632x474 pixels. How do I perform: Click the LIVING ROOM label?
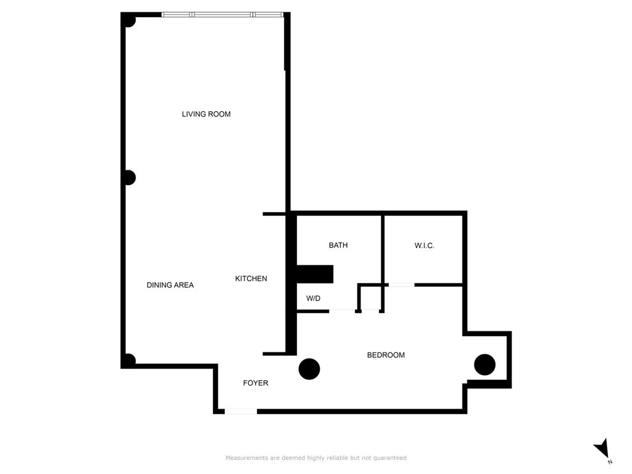(206, 114)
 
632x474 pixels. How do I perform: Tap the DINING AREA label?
(170, 285)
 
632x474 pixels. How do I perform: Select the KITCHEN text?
(251, 279)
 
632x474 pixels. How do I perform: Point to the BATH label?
(338, 246)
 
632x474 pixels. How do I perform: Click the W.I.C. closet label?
(425, 246)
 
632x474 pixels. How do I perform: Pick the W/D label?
(314, 299)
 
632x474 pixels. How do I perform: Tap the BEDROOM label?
(386, 355)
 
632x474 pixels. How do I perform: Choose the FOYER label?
(256, 383)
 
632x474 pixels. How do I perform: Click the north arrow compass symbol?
(602, 449)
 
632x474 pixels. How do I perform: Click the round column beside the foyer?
(309, 369)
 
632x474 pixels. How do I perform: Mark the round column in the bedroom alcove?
(484, 365)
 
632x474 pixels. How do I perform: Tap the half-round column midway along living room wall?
(129, 178)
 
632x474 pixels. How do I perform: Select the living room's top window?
(222, 14)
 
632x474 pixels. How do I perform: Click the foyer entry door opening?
(241, 411)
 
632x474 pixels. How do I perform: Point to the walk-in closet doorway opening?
(401, 285)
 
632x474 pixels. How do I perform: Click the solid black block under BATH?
(315, 274)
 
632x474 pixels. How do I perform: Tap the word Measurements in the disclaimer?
(246, 458)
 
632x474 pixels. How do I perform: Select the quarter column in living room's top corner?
(129, 20)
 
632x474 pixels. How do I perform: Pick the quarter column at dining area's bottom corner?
(129, 360)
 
